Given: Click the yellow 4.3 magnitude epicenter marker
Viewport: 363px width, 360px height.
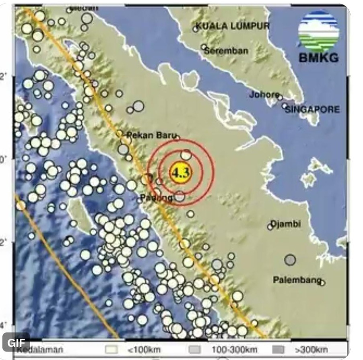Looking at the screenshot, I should pyautogui.click(x=180, y=173).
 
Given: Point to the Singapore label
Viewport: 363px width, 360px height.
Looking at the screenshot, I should pyautogui.click(x=313, y=109).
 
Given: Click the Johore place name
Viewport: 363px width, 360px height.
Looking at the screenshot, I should pyautogui.click(x=264, y=95).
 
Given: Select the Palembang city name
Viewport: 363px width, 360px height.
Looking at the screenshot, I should pyautogui.click(x=297, y=279).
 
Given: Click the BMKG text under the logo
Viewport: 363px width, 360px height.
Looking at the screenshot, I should pyautogui.click(x=318, y=58).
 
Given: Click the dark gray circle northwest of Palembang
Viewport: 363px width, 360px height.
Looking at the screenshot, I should pyautogui.click(x=290, y=260).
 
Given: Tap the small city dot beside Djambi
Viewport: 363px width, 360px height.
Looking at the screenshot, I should pyautogui.click(x=270, y=227).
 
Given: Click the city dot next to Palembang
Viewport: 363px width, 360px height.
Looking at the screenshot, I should pyautogui.click(x=322, y=283).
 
